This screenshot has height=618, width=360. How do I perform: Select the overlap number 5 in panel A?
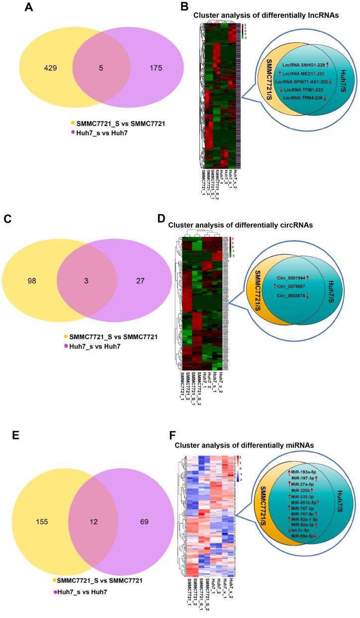(101, 68)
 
